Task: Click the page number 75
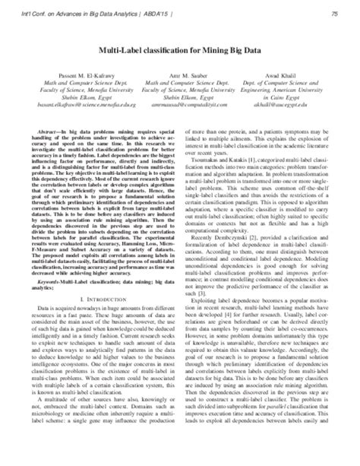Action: click(x=333, y=9)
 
